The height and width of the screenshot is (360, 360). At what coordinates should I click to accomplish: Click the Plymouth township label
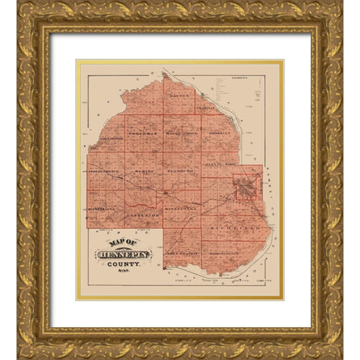tap(180, 172)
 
